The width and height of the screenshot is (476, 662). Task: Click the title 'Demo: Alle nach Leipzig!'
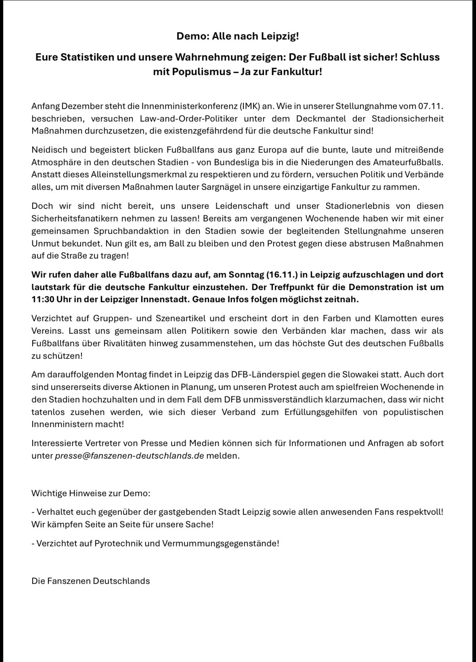[x=238, y=36]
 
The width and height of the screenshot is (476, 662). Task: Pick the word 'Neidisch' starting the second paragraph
[x=48, y=150]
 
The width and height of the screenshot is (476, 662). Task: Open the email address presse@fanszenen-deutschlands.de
[x=129, y=455]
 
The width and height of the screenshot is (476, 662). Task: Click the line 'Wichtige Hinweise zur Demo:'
[x=91, y=493]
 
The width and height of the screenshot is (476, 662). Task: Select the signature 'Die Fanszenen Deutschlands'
[x=90, y=581]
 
